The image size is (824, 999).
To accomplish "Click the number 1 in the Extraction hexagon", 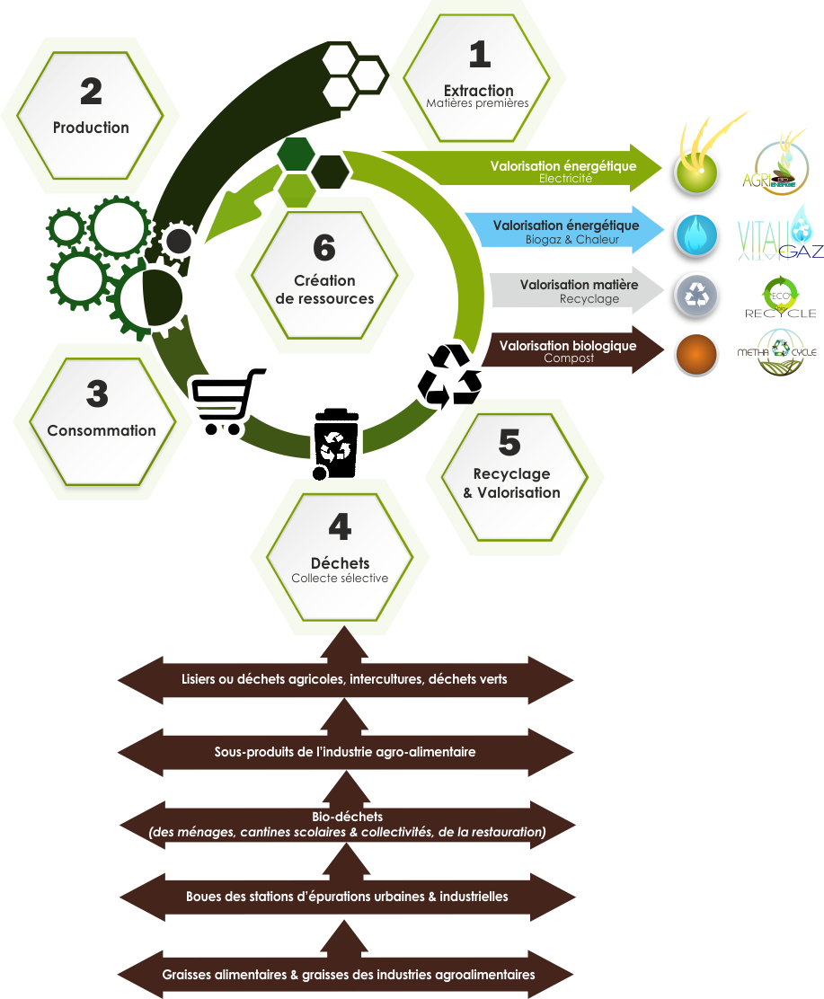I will coord(480,55).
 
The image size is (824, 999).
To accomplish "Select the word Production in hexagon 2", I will coord(91,128).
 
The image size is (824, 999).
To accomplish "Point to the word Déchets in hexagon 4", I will coord(340,563).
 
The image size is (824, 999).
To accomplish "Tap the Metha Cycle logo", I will coord(777,353).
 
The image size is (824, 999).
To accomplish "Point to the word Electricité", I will coord(565,179).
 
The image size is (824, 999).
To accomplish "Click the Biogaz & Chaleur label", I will coord(572,240).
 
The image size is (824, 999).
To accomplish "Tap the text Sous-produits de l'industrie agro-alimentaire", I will coord(345,751).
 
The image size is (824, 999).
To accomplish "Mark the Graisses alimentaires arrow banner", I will coord(348,975).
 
